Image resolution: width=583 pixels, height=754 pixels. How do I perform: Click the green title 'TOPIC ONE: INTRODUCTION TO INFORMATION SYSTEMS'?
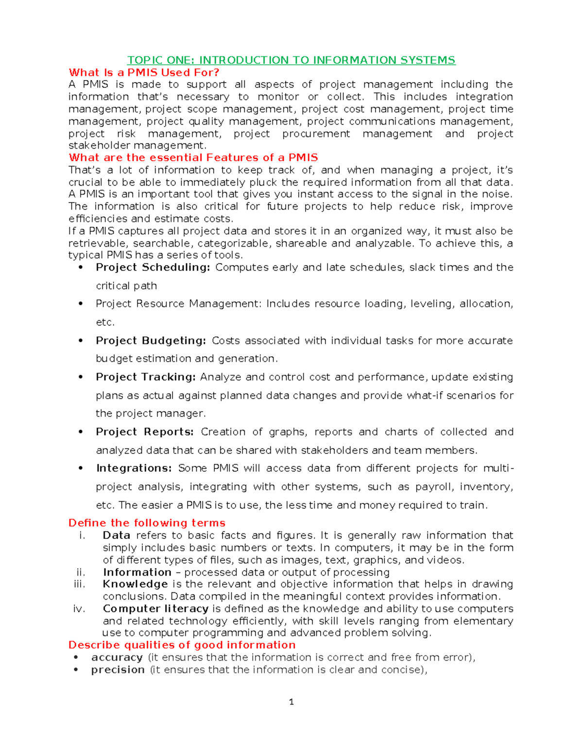[291, 60]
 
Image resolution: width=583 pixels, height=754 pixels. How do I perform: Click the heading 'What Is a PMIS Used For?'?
[144, 73]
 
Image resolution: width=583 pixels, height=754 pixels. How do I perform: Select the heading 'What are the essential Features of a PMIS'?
[193, 158]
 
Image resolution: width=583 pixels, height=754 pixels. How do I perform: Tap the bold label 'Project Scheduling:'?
[153, 268]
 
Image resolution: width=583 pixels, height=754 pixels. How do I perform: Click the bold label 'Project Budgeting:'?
[151, 341]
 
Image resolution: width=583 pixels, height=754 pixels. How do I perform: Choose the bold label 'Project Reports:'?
[145, 432]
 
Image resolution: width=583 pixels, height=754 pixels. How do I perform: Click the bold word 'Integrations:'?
[134, 469]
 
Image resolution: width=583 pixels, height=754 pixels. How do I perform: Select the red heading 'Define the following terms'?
[147, 523]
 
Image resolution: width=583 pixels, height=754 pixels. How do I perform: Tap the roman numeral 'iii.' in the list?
[79, 584]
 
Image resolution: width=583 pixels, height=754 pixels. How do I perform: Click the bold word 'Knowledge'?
[135, 584]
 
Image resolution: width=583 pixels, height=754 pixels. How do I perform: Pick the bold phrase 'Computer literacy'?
[155, 609]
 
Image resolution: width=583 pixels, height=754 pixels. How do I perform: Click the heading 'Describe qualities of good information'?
[182, 645]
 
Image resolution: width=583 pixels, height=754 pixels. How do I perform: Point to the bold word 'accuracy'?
[117, 657]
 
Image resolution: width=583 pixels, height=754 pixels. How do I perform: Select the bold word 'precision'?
[118, 670]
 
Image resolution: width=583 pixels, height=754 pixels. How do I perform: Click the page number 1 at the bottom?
[291, 702]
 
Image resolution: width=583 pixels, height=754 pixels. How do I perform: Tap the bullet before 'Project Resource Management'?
[81, 304]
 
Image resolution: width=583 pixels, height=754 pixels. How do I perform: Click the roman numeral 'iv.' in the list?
[79, 609]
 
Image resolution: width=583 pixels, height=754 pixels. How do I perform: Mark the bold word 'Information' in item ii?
[137, 572]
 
